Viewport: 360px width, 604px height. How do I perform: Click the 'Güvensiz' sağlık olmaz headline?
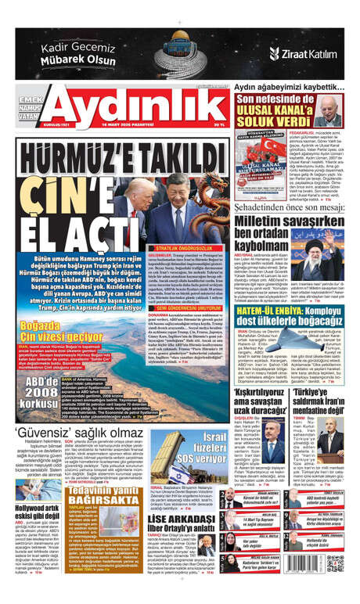tap(78, 432)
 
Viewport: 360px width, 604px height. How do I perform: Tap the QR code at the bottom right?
tap(337, 563)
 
